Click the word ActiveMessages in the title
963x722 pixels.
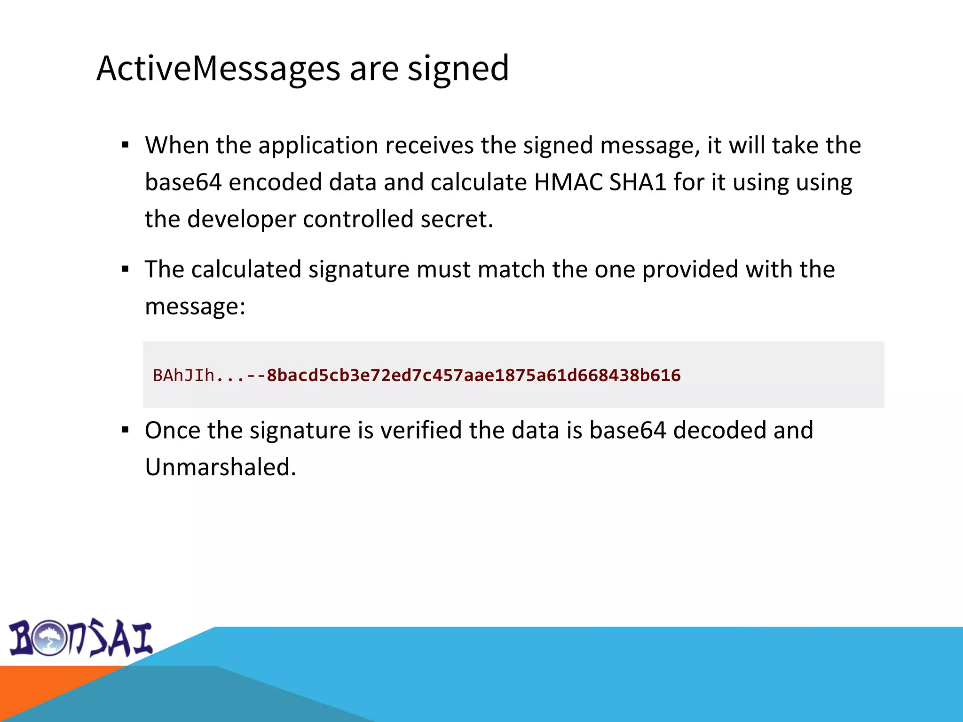218,69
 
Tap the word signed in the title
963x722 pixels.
458,69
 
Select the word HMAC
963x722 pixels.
568,182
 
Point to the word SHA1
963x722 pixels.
638,182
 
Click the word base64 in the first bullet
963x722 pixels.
183,182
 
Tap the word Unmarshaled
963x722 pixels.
220,467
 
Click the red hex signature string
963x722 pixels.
473,376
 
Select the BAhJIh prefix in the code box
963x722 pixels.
183,376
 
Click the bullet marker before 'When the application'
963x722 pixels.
125,145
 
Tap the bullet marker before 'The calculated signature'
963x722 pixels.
125,269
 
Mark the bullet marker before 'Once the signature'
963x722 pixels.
125,430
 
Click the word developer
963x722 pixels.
242,219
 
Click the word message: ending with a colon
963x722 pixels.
195,306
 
